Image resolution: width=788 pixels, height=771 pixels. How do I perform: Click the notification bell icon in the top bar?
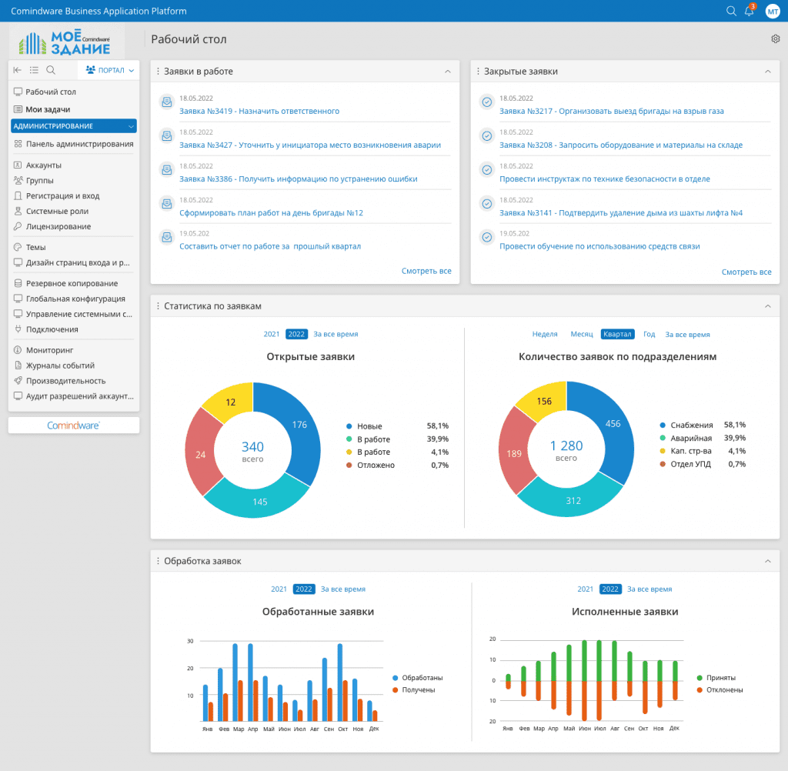tap(750, 11)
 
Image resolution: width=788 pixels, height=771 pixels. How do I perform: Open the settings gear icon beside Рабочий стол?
tap(775, 39)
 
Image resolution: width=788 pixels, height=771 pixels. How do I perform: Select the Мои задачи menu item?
tap(48, 109)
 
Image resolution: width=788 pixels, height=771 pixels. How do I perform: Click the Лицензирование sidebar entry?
tap(58, 226)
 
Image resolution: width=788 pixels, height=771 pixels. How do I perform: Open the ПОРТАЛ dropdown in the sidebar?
tap(110, 70)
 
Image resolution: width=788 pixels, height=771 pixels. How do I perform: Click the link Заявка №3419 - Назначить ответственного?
tap(259, 111)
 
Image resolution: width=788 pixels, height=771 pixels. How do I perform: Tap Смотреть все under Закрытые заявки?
tap(746, 272)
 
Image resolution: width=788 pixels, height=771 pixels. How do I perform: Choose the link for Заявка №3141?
tap(620, 212)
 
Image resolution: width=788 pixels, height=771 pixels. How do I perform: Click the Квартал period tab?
tap(617, 334)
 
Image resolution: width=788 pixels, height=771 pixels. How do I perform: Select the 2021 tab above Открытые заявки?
tap(272, 334)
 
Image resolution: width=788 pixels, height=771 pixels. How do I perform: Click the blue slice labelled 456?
tap(612, 424)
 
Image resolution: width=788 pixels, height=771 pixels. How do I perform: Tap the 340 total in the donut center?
tap(252, 446)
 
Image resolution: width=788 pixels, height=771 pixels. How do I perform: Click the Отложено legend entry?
tap(376, 466)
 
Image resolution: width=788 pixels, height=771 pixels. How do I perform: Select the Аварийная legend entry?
tap(691, 438)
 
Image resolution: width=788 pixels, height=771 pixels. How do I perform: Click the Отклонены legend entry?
tap(724, 690)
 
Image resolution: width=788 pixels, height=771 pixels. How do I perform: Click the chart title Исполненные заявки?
tap(625, 612)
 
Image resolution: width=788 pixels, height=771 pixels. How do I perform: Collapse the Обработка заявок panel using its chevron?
tap(767, 561)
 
